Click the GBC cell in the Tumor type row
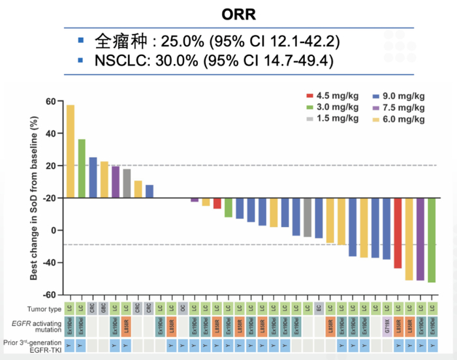[x=104, y=308]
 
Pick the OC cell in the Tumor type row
[x=183, y=308]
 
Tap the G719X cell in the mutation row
[x=386, y=325]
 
